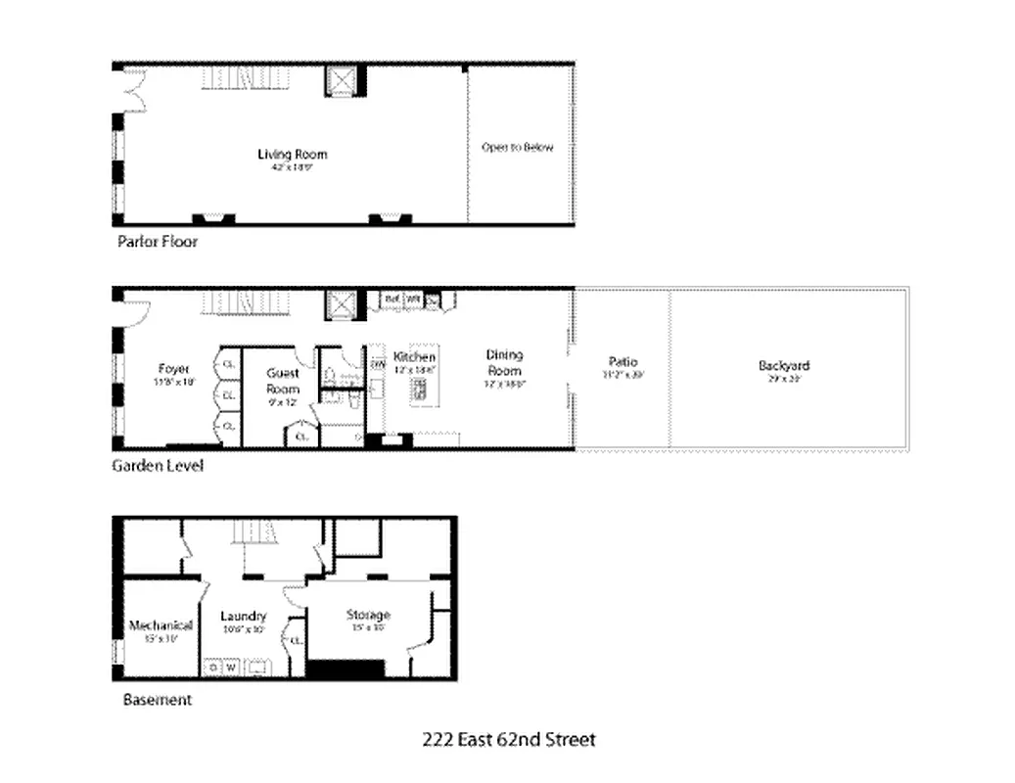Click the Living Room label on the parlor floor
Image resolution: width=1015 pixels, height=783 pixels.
click(292, 155)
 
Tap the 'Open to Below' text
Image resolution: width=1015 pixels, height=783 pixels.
click(517, 148)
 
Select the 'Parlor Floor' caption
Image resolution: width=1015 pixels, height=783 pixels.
click(157, 241)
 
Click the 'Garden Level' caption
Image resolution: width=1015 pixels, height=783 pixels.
click(158, 467)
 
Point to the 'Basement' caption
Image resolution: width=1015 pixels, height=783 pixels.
click(157, 700)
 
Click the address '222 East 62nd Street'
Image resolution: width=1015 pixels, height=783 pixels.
click(508, 739)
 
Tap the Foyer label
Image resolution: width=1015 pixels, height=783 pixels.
click(173, 369)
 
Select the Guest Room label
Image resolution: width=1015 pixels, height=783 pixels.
click(283, 381)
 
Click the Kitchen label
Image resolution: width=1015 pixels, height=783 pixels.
click(414, 358)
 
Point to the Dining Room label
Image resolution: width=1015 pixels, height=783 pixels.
click(505, 362)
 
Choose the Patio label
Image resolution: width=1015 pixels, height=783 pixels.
click(622, 363)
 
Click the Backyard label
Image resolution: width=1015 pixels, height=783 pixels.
click(784, 366)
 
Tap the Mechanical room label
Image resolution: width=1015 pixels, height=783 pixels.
click(161, 625)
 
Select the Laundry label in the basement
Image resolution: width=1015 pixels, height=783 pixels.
click(243, 616)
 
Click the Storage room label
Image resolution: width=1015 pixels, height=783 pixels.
click(368, 615)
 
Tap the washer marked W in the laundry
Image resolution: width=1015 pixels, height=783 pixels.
click(232, 668)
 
